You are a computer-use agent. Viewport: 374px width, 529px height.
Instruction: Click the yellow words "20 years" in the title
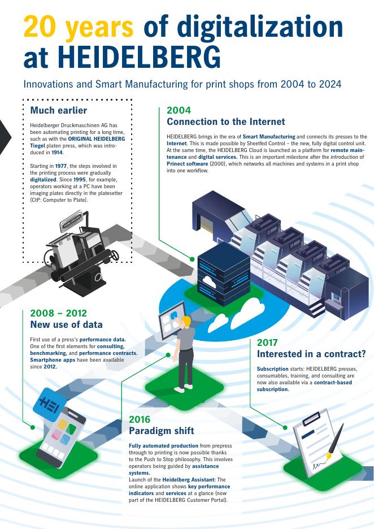(x=78, y=27)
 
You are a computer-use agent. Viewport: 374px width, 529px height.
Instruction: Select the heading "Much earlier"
(x=58, y=110)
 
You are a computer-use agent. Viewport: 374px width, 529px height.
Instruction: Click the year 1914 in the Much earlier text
(x=56, y=153)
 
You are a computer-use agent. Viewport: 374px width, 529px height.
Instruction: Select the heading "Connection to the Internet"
(x=225, y=122)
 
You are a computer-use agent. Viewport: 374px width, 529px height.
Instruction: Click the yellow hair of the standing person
(x=186, y=320)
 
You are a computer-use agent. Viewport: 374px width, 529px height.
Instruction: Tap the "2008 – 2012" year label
(x=58, y=313)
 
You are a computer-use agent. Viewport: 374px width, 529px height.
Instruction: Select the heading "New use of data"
(x=66, y=324)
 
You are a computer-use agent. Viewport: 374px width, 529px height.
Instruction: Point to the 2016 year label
(x=140, y=419)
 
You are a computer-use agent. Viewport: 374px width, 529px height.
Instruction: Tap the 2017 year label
(x=268, y=342)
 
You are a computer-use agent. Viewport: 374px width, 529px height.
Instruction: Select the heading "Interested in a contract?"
(x=311, y=354)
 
